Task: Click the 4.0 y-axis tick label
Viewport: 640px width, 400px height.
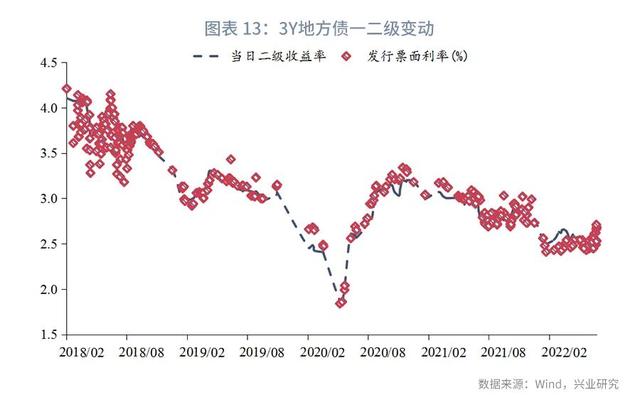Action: point(47,108)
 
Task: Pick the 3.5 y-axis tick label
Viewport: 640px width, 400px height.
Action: point(47,153)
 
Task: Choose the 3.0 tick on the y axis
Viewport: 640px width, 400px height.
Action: point(47,198)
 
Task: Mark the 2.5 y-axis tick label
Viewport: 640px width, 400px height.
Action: point(47,243)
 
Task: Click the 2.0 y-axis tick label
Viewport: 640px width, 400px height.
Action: point(47,289)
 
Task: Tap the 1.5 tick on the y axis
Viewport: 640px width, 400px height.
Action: point(47,334)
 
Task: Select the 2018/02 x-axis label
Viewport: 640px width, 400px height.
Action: point(82,352)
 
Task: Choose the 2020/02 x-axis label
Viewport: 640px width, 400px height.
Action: point(323,352)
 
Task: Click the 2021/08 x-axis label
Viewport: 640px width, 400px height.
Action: point(505,352)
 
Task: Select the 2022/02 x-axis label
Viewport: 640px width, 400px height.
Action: point(563,352)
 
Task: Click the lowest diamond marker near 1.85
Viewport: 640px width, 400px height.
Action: point(341,302)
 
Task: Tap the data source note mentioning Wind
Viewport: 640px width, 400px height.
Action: point(548,383)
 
